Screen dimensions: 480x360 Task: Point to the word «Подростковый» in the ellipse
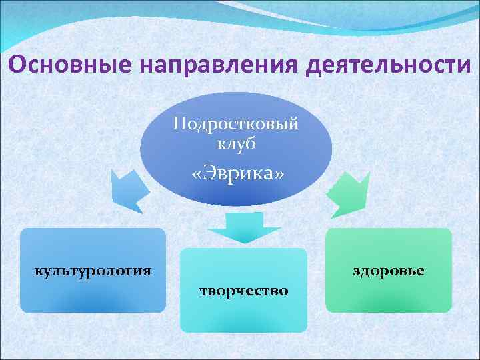235,125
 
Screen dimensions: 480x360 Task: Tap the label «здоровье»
389,271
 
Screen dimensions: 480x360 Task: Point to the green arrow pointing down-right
348,191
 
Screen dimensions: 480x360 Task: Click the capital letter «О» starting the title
18,65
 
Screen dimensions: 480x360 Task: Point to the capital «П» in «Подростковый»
178,124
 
